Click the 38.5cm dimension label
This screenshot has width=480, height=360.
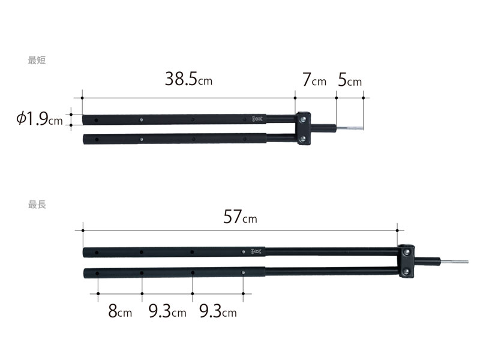188,79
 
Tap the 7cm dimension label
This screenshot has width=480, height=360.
314,80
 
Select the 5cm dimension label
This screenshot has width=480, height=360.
350,80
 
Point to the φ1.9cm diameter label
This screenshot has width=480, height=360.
40,118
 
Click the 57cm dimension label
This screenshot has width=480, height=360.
241,217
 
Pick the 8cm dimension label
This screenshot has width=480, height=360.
120,311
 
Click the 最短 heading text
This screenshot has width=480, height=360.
37,61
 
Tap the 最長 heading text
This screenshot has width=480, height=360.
37,205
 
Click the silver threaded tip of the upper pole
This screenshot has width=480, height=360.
350,128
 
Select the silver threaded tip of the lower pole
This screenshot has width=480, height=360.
454,262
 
